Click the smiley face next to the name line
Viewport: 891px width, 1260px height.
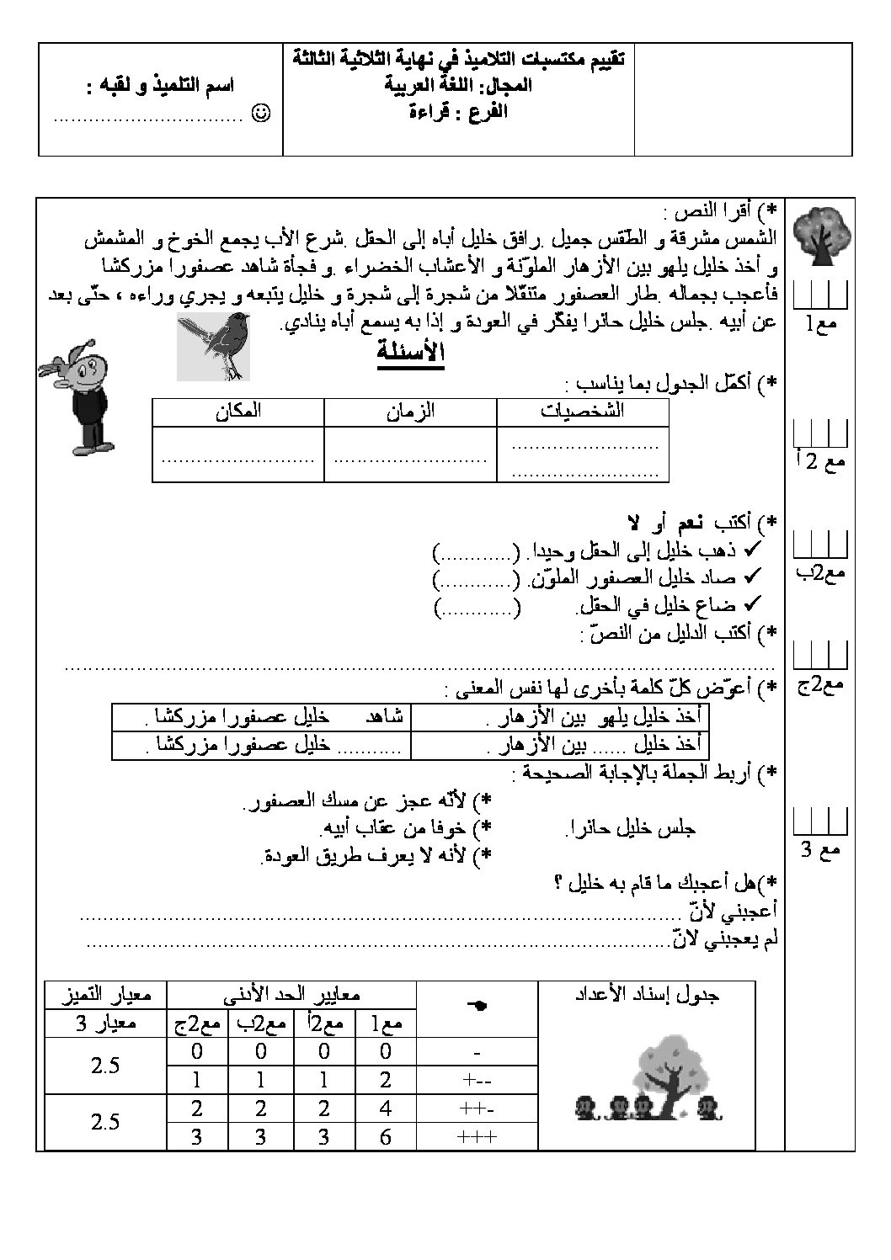coord(261,112)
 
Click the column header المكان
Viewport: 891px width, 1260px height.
coord(237,412)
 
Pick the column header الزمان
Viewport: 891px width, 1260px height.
coord(410,412)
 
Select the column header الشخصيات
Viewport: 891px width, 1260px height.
coord(583,412)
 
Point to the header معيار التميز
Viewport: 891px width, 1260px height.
coord(105,994)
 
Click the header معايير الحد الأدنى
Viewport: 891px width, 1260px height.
coord(292,994)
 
